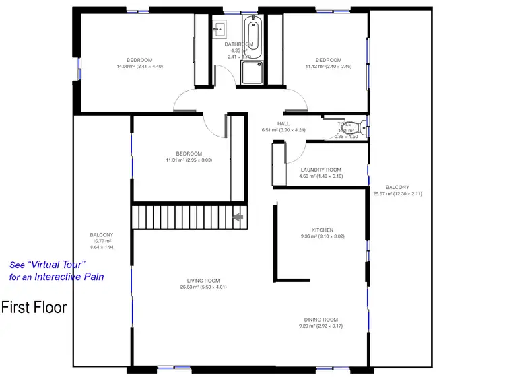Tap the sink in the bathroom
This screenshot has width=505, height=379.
pyautogui.click(x=219, y=29)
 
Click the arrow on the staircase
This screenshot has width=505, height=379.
pyautogui.click(x=237, y=217)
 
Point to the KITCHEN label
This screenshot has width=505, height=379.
pyautogui.click(x=322, y=230)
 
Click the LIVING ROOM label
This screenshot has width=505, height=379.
pyautogui.click(x=203, y=280)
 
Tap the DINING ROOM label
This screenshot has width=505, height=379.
pyautogui.click(x=321, y=320)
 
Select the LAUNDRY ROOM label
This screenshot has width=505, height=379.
pyautogui.click(x=321, y=170)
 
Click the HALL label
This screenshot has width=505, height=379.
pyautogui.click(x=283, y=123)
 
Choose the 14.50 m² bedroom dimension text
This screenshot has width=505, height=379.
pyautogui.click(x=139, y=67)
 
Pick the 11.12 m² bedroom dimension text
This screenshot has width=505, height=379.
pyautogui.click(x=328, y=67)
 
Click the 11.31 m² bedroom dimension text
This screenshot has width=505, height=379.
pyautogui.click(x=189, y=160)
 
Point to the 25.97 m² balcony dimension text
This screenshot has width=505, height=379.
pyautogui.click(x=397, y=194)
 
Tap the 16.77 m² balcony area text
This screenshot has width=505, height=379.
pyautogui.click(x=102, y=241)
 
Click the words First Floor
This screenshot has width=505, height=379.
pyautogui.click(x=34, y=308)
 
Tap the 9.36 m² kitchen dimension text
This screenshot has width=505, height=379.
pyautogui.click(x=322, y=236)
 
